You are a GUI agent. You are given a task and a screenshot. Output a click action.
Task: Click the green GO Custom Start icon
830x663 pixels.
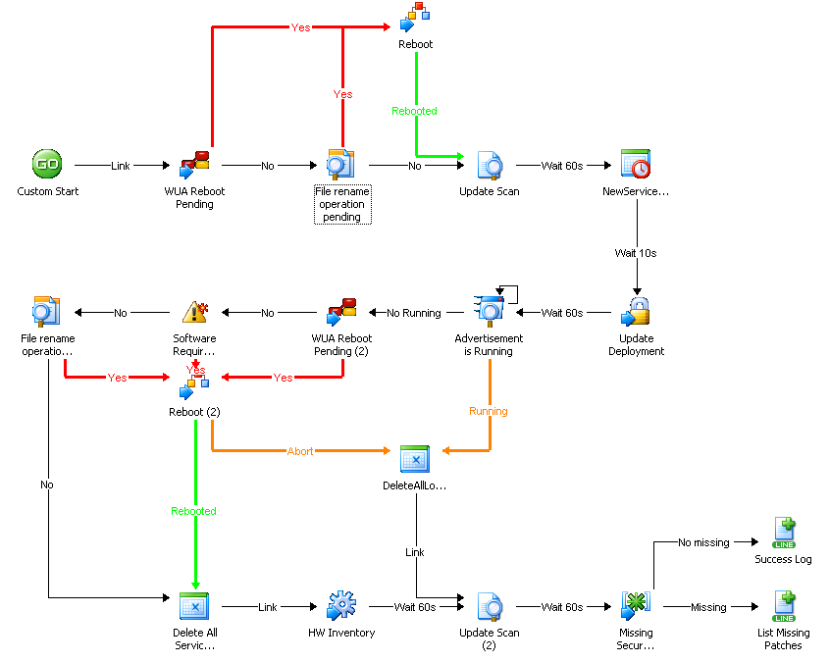click(47, 164)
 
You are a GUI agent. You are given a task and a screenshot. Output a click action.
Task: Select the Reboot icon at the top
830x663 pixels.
click(415, 18)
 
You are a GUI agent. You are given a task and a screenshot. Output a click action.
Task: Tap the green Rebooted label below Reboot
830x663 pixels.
click(415, 111)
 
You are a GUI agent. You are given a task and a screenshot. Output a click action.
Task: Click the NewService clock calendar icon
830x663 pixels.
click(636, 164)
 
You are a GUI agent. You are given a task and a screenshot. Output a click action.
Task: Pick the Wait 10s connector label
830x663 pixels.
click(636, 253)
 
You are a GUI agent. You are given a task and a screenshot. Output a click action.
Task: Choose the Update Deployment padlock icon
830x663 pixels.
click(636, 312)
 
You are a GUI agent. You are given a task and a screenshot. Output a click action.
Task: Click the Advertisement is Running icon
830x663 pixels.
click(489, 310)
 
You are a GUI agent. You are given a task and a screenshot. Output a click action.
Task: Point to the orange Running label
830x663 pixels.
click(489, 411)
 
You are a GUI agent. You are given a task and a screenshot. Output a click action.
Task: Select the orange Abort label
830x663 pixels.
click(300, 451)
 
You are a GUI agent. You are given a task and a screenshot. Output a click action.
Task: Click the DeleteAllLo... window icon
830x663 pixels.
click(415, 459)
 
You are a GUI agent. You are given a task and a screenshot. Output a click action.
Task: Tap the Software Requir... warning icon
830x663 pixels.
click(194, 312)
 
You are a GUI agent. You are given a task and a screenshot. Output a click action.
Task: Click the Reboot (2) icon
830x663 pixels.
click(194, 385)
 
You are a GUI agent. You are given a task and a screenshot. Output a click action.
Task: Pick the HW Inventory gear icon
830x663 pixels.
click(341, 606)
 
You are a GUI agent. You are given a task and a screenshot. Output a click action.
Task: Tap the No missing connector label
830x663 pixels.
click(704, 542)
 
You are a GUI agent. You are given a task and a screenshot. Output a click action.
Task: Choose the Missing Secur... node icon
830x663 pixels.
click(636, 606)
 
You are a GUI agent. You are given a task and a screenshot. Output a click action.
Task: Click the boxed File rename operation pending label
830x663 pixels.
click(341, 204)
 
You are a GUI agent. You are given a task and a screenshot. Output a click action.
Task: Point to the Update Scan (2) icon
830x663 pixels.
click(489, 606)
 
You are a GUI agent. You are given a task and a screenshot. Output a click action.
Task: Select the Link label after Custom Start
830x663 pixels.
click(121, 166)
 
